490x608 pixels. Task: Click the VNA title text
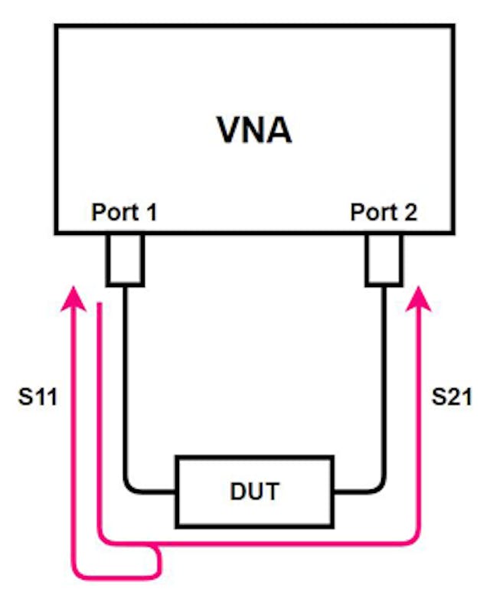[x=253, y=130]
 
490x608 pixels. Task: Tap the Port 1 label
[x=124, y=212]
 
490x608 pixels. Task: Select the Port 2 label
[x=384, y=212]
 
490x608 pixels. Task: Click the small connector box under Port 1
[x=124, y=259]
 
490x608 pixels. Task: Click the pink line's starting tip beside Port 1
[x=100, y=306]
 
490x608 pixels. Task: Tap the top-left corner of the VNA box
[x=55, y=26]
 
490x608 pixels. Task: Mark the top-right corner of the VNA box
[x=453, y=26]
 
